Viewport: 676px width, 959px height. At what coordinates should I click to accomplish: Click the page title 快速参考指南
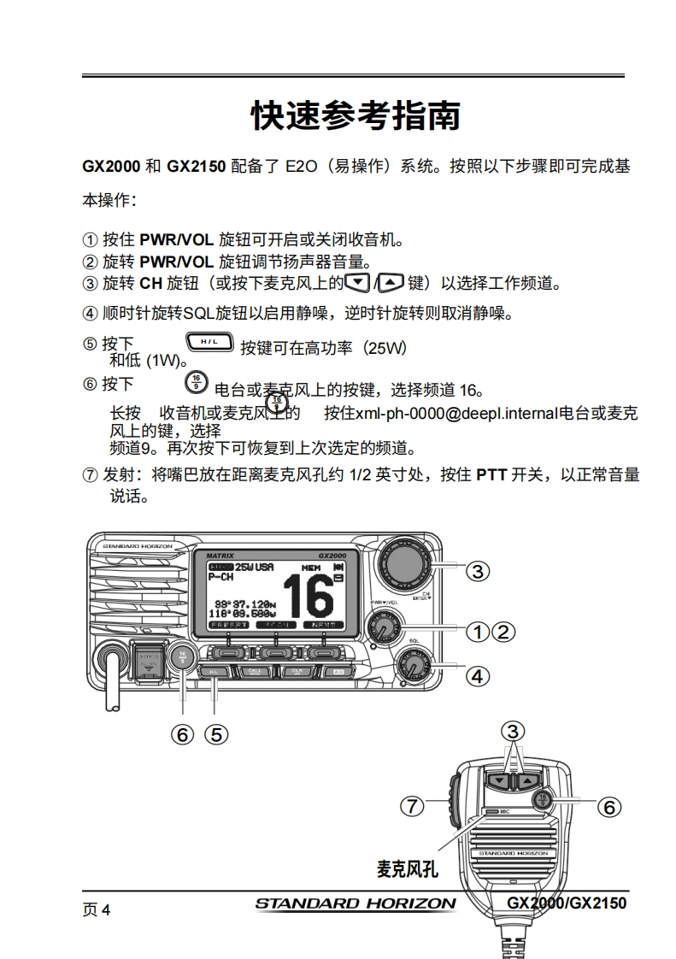[355, 115]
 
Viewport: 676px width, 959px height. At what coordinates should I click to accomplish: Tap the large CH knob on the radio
[406, 563]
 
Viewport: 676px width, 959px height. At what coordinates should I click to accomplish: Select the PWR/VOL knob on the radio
[383, 630]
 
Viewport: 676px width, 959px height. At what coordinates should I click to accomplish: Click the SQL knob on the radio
[414, 664]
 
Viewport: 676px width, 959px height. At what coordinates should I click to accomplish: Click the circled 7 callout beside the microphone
[414, 805]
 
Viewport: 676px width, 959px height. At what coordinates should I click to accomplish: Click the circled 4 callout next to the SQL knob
[478, 676]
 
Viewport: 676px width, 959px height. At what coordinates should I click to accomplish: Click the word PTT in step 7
[491, 475]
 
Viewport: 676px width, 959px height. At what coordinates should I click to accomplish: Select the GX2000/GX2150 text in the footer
[567, 903]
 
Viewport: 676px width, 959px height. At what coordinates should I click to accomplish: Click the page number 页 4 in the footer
[97, 909]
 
